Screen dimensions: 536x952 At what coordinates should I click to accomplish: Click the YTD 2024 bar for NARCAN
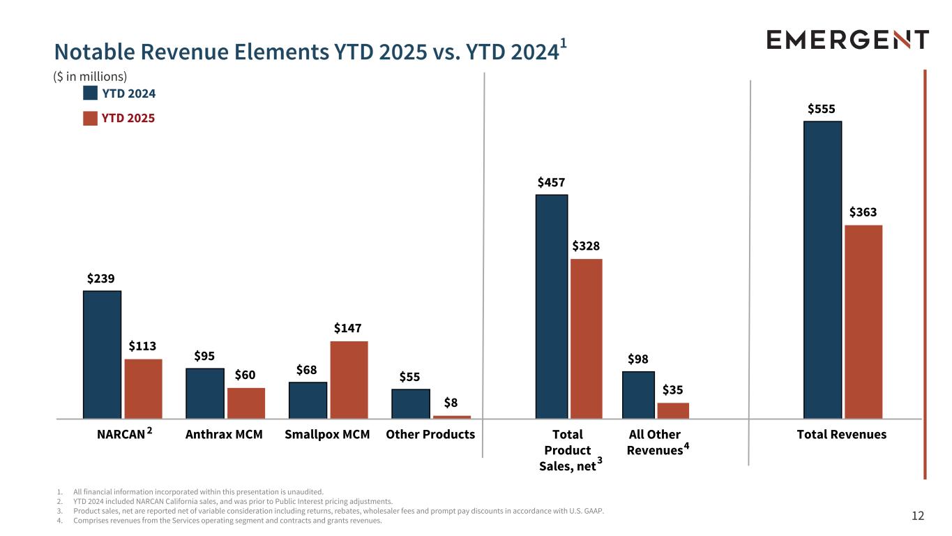(x=102, y=355)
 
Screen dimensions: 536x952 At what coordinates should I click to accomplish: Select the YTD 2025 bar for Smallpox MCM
(x=349, y=380)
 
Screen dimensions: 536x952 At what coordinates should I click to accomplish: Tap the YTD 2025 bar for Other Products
(x=452, y=417)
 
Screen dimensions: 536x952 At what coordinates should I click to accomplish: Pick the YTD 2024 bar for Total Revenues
(x=822, y=270)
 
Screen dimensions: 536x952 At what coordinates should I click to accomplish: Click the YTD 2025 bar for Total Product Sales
(x=586, y=338)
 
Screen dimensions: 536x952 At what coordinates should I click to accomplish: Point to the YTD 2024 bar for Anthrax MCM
(x=205, y=393)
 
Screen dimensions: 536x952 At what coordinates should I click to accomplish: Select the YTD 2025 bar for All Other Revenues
(x=673, y=410)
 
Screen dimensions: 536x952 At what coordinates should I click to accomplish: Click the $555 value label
(x=822, y=109)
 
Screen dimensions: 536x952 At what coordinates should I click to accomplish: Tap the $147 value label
(x=347, y=328)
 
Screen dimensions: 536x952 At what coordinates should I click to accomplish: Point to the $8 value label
(x=451, y=403)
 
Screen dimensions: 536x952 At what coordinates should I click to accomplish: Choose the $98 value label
(x=638, y=359)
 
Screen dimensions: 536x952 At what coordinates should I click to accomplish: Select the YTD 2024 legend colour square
(x=90, y=93)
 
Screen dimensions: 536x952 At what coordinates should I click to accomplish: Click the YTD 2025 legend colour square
(x=90, y=118)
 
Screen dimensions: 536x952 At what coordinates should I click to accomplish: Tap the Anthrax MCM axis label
(x=224, y=434)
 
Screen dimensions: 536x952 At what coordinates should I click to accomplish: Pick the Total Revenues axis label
(x=842, y=434)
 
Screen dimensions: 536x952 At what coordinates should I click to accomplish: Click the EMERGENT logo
(x=847, y=39)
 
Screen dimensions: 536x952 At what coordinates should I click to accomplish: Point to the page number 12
(x=918, y=516)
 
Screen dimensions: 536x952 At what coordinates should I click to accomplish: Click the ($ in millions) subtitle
(x=91, y=75)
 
